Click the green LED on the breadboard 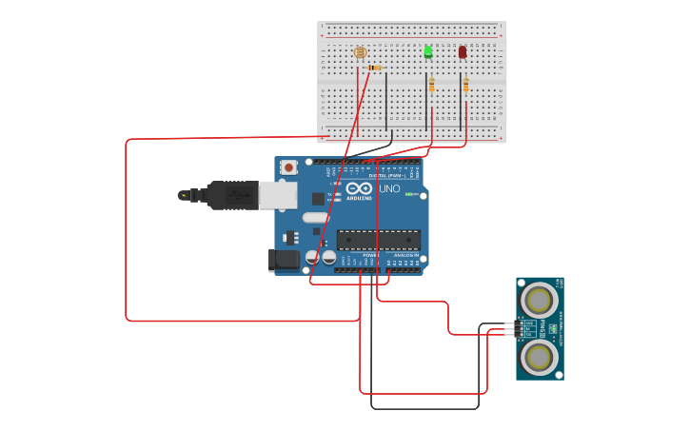[428, 51]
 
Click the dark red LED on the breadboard [463, 52]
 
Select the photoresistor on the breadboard [360, 53]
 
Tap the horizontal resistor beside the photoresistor [374, 69]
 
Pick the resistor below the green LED [431, 86]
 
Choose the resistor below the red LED [465, 86]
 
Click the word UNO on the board [389, 188]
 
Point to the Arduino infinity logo [359, 187]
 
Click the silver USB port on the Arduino [278, 195]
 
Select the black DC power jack [284, 259]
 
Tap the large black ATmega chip [378, 239]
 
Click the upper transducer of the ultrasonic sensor [539, 302]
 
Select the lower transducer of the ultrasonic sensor [540, 358]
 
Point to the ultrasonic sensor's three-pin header [519, 329]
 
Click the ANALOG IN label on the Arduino [406, 256]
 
